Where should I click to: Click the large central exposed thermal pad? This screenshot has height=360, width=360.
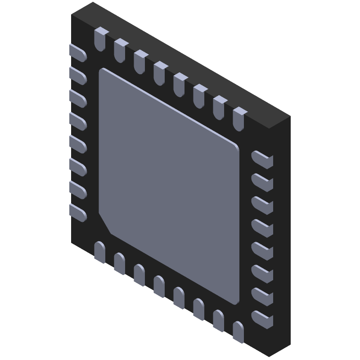(x=169, y=184)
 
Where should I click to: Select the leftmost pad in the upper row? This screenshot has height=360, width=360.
(x=100, y=38)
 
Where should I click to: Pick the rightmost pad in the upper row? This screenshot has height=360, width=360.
(x=238, y=118)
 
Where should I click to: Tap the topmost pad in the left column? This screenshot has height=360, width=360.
(x=78, y=53)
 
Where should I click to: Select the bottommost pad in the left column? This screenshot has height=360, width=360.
(x=78, y=211)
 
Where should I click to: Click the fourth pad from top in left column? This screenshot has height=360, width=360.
(x=78, y=121)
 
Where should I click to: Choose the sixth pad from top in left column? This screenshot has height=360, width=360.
(x=78, y=166)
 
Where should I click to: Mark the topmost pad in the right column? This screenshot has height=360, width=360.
(x=262, y=159)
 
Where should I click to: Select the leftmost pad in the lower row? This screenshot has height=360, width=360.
(x=100, y=252)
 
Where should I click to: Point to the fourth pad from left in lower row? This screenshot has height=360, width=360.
(x=159, y=286)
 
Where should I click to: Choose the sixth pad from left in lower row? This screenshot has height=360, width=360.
(x=199, y=309)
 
